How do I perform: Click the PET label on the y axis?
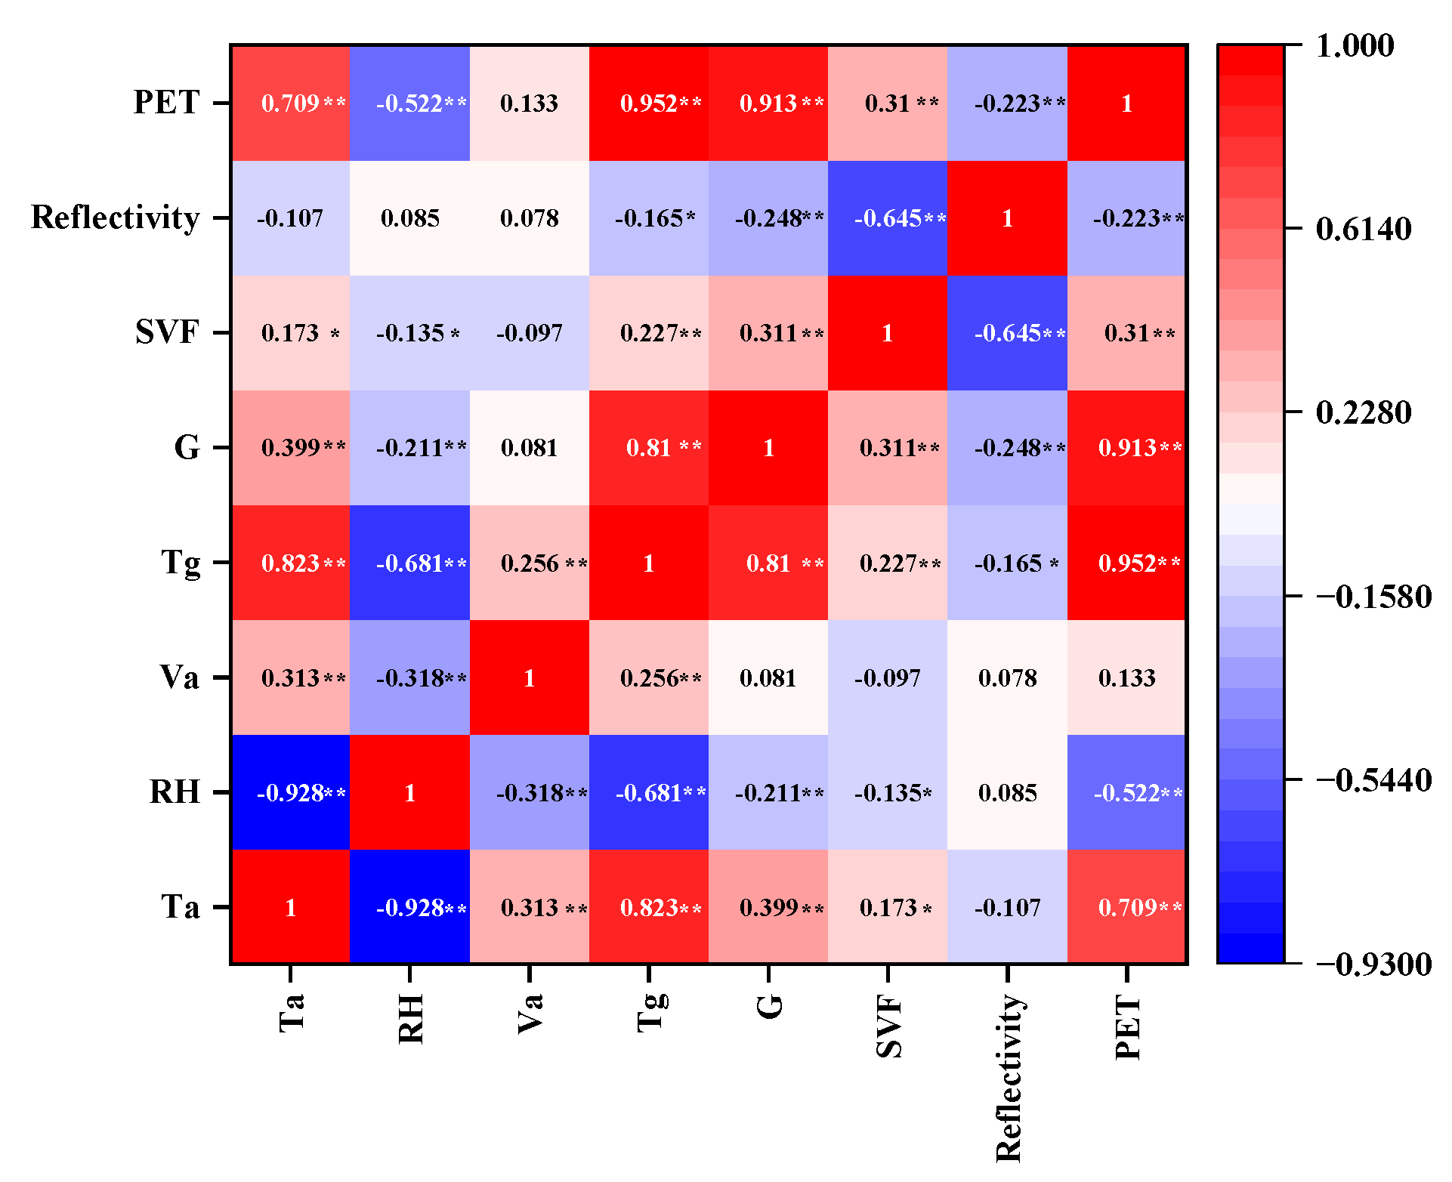click(x=166, y=102)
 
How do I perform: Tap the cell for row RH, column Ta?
click(x=290, y=792)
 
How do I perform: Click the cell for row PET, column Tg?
click(x=649, y=103)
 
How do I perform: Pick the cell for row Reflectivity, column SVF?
click(x=888, y=218)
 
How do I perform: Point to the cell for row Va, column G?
click(x=768, y=677)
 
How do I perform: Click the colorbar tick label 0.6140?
click(x=1363, y=229)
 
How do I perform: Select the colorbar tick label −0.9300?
click(x=1373, y=964)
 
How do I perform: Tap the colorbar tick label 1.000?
click(x=1355, y=45)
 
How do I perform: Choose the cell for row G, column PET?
click(x=1127, y=448)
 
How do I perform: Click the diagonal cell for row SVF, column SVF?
click(x=888, y=333)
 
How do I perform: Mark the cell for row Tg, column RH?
click(x=410, y=563)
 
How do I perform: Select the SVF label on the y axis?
click(x=167, y=332)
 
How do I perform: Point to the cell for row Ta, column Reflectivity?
click(x=1007, y=907)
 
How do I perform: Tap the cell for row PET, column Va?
click(x=530, y=103)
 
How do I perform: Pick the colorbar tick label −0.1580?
click(x=1373, y=597)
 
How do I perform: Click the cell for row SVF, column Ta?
click(x=290, y=333)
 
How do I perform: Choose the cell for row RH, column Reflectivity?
click(x=1007, y=792)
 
